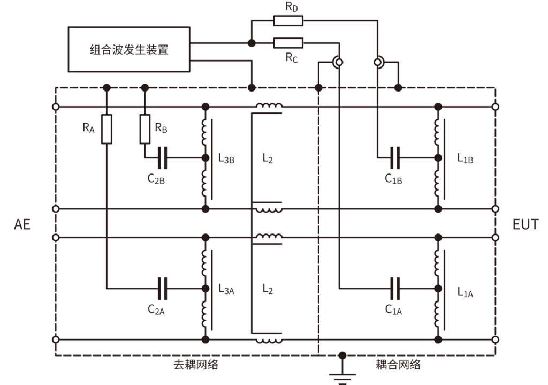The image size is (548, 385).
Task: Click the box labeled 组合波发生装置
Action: (129, 50)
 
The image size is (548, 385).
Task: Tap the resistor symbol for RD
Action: (288, 21)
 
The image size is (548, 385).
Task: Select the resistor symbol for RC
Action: (288, 43)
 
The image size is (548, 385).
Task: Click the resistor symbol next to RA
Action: (106, 129)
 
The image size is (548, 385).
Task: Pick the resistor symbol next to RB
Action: (144, 129)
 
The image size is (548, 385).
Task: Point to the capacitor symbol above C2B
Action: (163, 158)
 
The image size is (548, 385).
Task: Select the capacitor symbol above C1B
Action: (395, 158)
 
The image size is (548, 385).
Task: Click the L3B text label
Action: (226, 159)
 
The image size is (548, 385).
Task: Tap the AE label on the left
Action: (22, 224)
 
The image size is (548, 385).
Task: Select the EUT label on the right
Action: (526, 224)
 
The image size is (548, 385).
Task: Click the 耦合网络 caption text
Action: (398, 365)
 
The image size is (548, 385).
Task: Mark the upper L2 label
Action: (268, 159)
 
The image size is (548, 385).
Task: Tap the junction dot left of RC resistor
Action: (251, 43)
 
